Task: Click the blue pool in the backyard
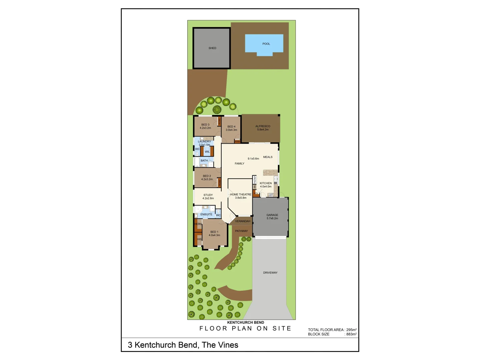click(264, 44)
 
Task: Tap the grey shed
click(212, 48)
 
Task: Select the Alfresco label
click(263, 126)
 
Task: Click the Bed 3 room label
click(205, 125)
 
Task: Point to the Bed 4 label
click(231, 127)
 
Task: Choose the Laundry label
click(204, 142)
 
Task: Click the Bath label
click(204, 161)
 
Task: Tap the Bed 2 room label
click(207, 176)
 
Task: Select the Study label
click(208, 195)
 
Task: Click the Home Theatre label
click(241, 194)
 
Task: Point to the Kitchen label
click(266, 183)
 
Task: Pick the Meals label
click(268, 157)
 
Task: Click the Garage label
click(272, 215)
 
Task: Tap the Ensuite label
click(206, 214)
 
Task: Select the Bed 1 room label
click(214, 232)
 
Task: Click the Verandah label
click(242, 221)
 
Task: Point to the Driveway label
click(270, 273)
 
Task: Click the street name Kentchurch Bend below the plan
click(245, 322)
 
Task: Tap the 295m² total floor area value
click(351, 330)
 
